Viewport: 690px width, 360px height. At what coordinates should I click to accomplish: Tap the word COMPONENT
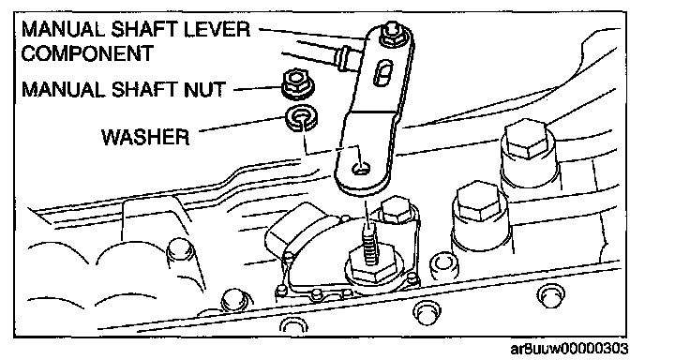click(86, 53)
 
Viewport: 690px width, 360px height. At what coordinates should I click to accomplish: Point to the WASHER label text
click(145, 137)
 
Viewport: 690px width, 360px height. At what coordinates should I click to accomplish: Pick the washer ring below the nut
click(302, 118)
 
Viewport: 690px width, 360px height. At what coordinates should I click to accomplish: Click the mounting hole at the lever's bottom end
click(360, 169)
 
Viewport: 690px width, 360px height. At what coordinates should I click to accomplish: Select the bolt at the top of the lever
click(391, 35)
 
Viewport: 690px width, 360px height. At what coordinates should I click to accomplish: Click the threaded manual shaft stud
click(368, 243)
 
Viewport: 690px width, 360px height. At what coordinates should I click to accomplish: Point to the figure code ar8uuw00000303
click(569, 349)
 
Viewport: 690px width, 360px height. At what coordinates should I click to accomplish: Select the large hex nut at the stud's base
click(374, 266)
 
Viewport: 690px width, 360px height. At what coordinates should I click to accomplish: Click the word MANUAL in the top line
click(63, 29)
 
